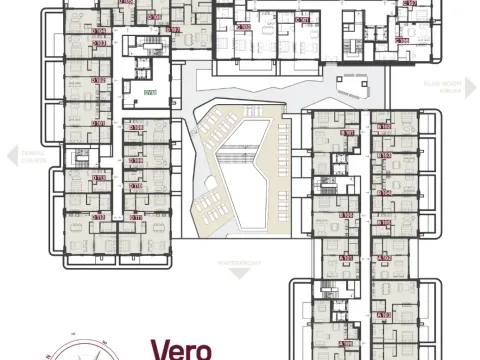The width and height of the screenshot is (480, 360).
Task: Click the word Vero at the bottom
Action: [180, 349]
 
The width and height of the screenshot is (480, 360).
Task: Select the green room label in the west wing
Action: [149, 92]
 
